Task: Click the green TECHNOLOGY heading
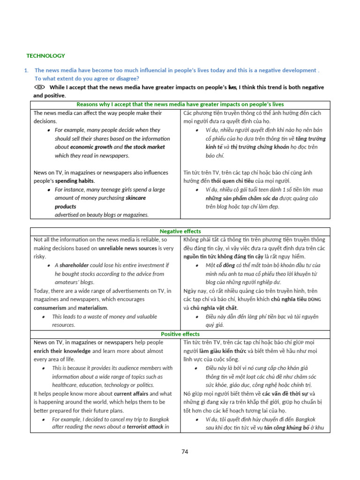[x=45, y=56]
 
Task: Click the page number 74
[x=185, y=451]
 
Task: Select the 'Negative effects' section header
[x=180, y=231]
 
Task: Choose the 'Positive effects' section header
[x=180, y=334]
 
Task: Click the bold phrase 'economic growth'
[x=91, y=147]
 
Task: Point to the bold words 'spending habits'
[x=75, y=181]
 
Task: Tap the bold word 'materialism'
[x=92, y=308]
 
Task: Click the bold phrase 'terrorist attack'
[x=142, y=427]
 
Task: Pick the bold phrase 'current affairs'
[x=131, y=393]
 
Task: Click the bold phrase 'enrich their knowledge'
[x=62, y=351]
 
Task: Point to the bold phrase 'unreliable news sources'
[x=127, y=248]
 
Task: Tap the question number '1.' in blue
[x=26, y=70]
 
